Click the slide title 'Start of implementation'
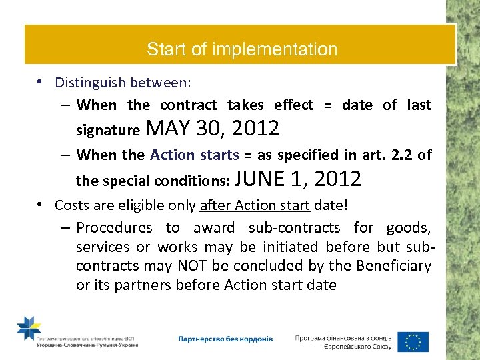(242, 49)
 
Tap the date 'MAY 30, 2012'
(211, 127)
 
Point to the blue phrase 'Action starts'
(195, 155)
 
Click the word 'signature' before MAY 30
(108, 129)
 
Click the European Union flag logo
(413, 341)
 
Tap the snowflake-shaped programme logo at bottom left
(29, 329)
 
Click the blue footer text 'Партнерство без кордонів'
(225, 339)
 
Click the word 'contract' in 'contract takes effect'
(189, 105)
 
